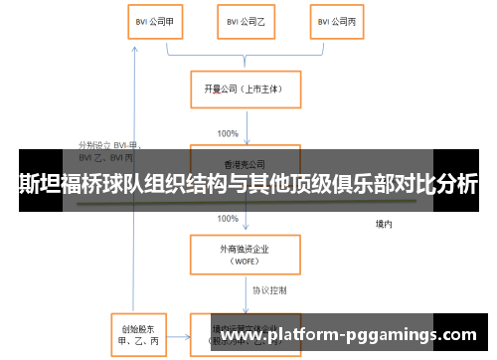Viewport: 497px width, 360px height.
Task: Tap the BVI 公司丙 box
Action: [x=334, y=22]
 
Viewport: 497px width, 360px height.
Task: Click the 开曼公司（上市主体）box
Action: [x=244, y=90]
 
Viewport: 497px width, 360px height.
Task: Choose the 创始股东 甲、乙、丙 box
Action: [x=136, y=334]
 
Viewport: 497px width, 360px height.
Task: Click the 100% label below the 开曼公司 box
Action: [x=228, y=132]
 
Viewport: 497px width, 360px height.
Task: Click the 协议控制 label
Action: [x=269, y=289]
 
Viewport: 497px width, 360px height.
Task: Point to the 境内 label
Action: [x=383, y=224]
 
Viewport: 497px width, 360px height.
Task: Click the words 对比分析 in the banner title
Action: [x=437, y=186]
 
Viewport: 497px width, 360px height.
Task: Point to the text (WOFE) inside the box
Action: [x=244, y=262]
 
